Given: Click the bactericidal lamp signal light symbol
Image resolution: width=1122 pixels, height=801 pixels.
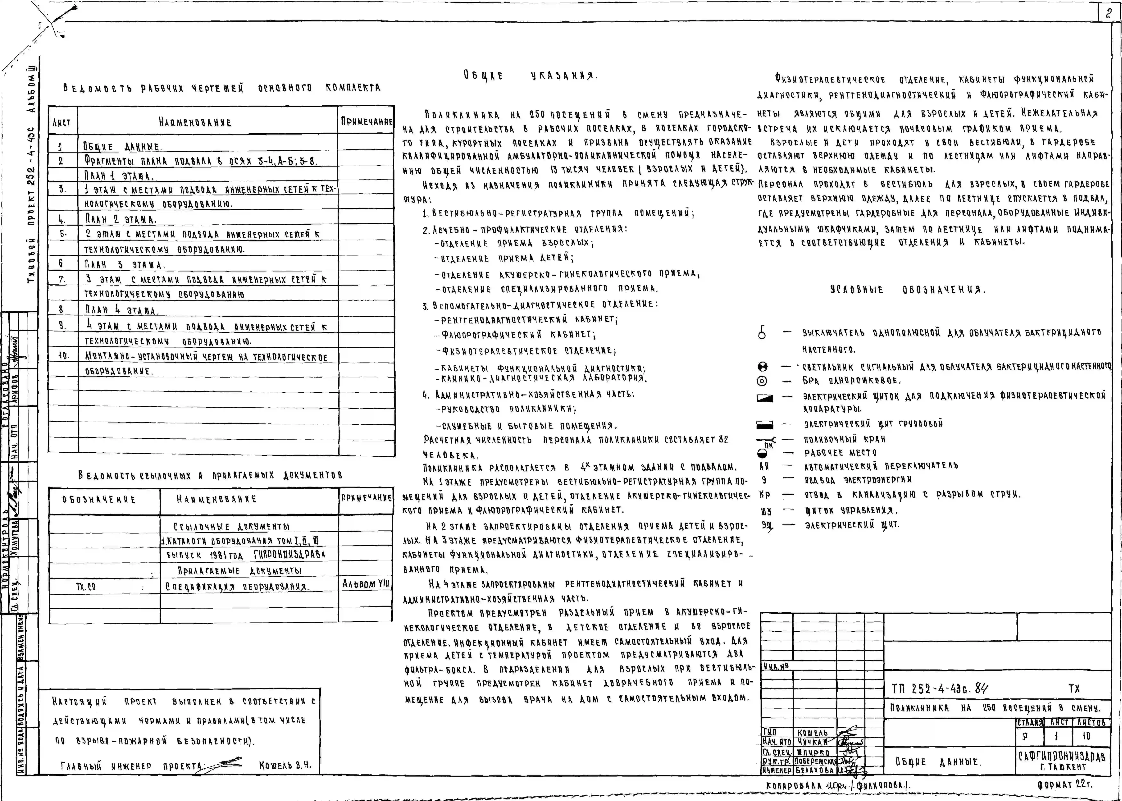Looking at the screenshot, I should (763, 367).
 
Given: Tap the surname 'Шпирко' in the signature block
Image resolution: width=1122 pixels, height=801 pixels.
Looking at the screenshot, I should (812, 752).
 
